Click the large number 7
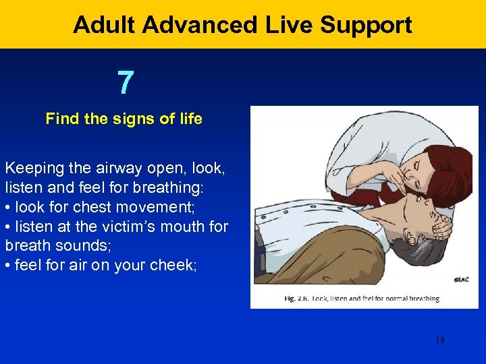125,83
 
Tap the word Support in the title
365,25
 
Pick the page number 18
439,340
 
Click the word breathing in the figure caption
419,298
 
